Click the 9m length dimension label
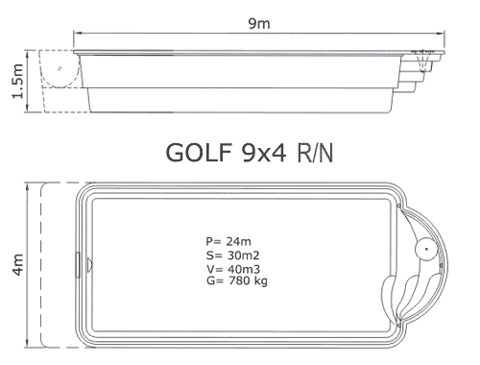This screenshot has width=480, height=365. click(x=259, y=23)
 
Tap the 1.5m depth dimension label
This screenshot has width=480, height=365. click(x=17, y=82)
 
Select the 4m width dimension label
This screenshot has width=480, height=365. click(x=18, y=264)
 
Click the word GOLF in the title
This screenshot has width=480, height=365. click(x=199, y=153)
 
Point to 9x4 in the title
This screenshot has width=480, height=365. click(x=264, y=153)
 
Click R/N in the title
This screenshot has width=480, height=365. click(x=315, y=153)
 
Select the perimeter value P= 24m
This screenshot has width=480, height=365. click(x=228, y=241)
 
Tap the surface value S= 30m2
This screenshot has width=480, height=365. click(x=232, y=255)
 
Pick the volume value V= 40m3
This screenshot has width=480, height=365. click(x=233, y=268)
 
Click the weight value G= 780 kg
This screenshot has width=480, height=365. click(x=237, y=280)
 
